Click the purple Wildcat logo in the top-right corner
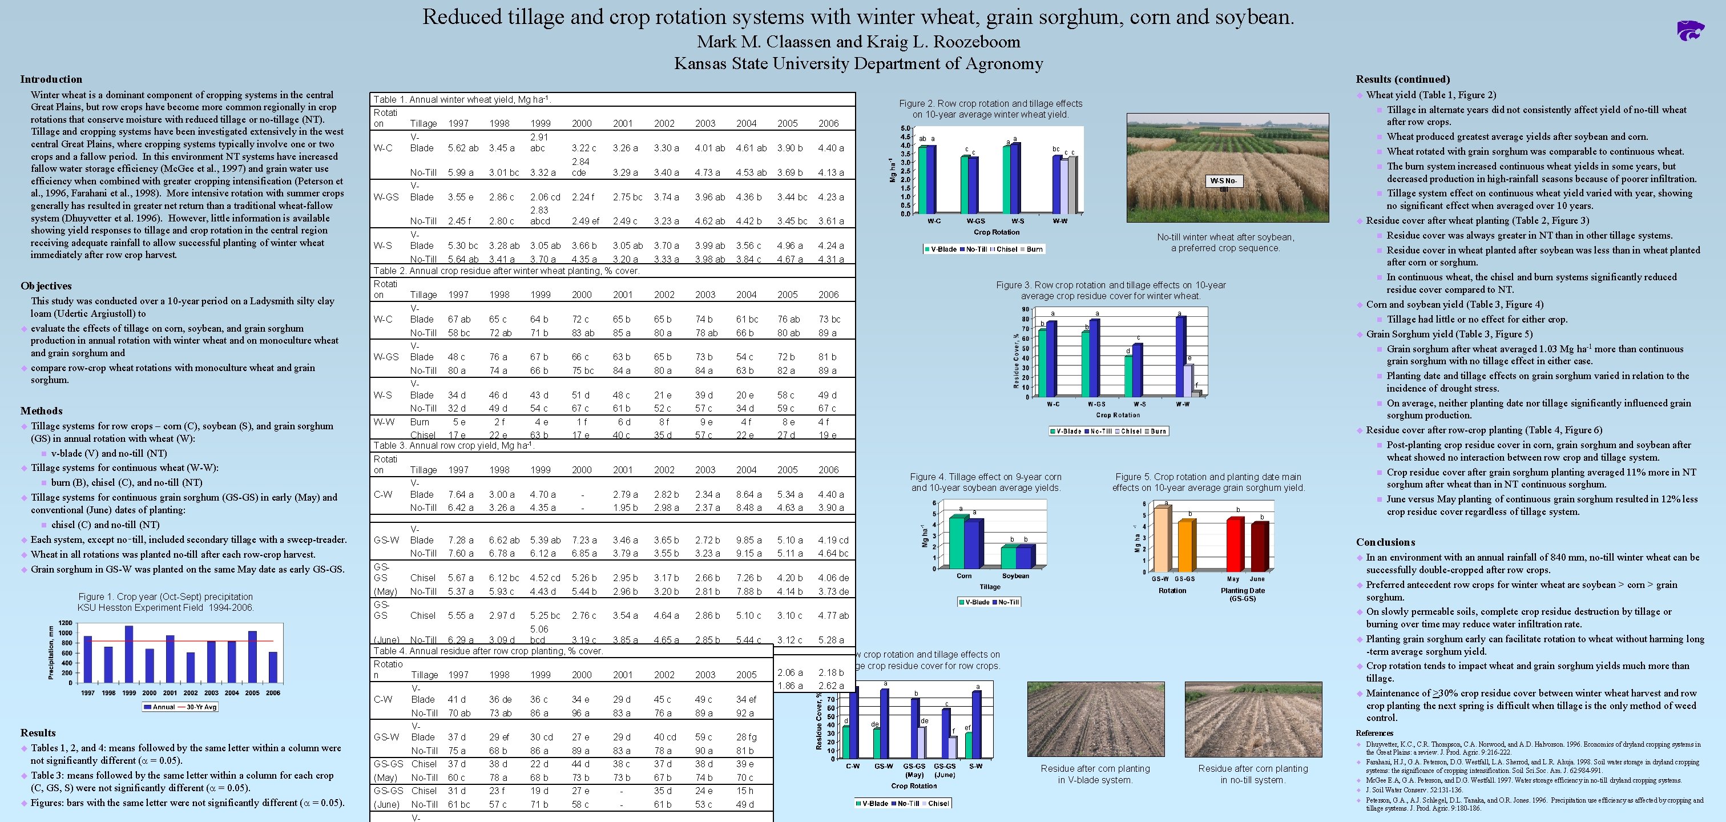[x=1690, y=30]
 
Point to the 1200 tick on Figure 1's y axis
[x=65, y=623]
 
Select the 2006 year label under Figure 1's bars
[x=273, y=692]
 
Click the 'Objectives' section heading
[x=46, y=286]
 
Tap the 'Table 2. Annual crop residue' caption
[x=506, y=271]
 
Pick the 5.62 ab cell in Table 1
[x=462, y=148]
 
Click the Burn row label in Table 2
[x=420, y=421]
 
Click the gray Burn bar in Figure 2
[x=1072, y=185]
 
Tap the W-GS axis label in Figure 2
[x=975, y=220]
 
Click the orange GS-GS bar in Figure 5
[x=1185, y=545]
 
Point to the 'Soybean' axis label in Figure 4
[x=1015, y=575]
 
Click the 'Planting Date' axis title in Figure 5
[x=1242, y=590]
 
